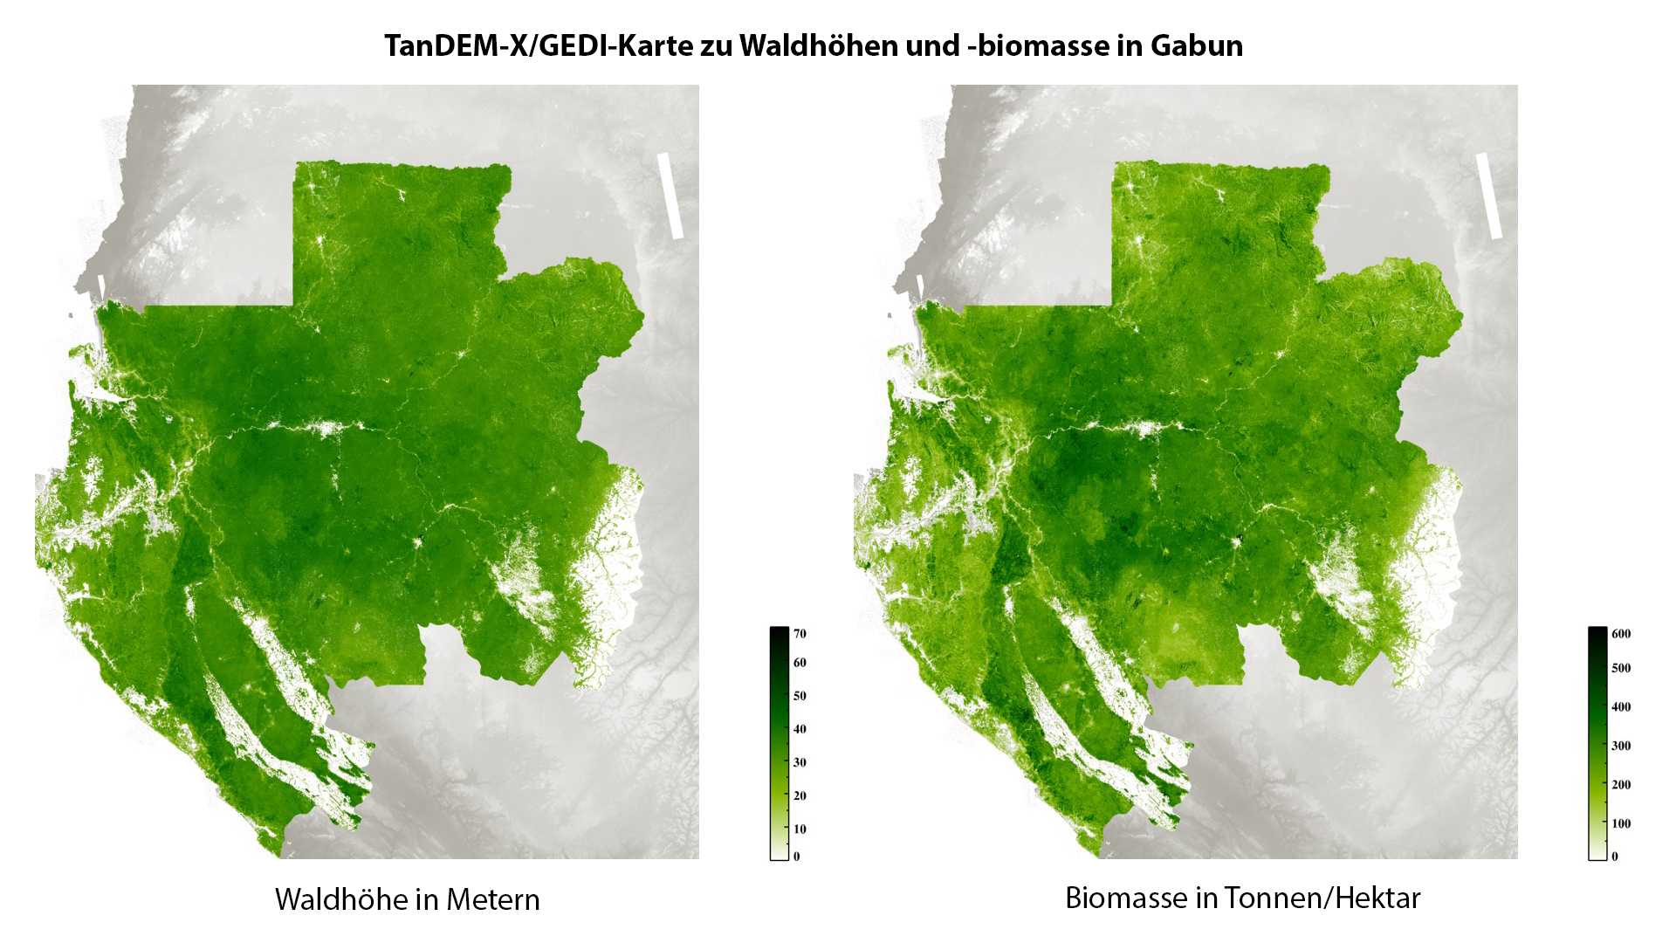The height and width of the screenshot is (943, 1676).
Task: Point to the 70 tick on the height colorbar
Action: [800, 634]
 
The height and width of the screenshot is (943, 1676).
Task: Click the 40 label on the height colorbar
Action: [800, 729]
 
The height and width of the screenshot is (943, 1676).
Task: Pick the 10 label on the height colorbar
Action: [800, 829]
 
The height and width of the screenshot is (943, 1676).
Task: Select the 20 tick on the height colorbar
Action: [800, 795]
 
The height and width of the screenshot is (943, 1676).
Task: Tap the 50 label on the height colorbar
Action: [800, 696]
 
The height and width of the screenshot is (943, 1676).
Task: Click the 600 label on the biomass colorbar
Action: [1621, 634]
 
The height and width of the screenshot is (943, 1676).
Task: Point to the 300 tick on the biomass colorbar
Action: [1621, 746]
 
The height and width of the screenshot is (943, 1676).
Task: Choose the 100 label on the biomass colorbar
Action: [1621, 823]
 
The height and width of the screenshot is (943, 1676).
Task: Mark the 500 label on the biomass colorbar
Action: [1621, 668]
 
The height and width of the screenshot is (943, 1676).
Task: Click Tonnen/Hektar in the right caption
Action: [1322, 898]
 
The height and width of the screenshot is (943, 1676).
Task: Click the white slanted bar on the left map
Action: [670, 196]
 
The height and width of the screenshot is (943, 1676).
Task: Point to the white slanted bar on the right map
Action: [1488, 196]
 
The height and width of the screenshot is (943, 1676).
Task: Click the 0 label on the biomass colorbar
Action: [1615, 857]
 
